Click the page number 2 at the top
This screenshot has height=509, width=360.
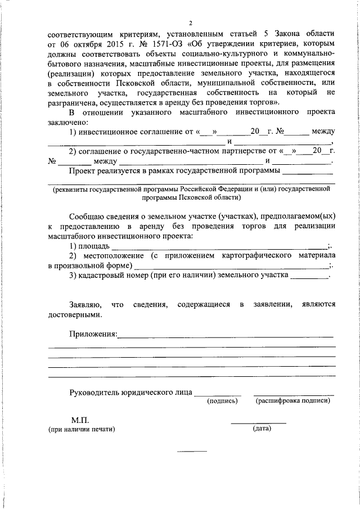191,23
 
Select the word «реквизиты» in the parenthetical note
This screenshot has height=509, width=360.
70,189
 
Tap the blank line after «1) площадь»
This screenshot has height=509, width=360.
219,246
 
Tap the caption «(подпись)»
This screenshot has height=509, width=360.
222,401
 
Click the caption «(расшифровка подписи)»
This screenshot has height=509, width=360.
292,401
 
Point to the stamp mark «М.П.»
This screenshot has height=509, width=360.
80,420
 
